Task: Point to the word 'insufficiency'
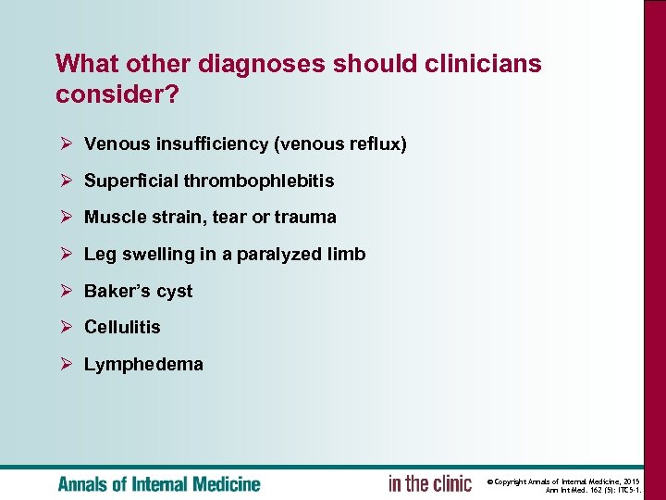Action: point(201,144)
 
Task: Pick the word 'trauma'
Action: point(306,218)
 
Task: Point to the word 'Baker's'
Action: point(117,291)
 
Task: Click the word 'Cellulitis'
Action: point(122,327)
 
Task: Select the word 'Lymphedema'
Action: point(143,364)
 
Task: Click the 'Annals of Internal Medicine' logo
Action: point(159,483)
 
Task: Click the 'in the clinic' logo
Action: point(430,483)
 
